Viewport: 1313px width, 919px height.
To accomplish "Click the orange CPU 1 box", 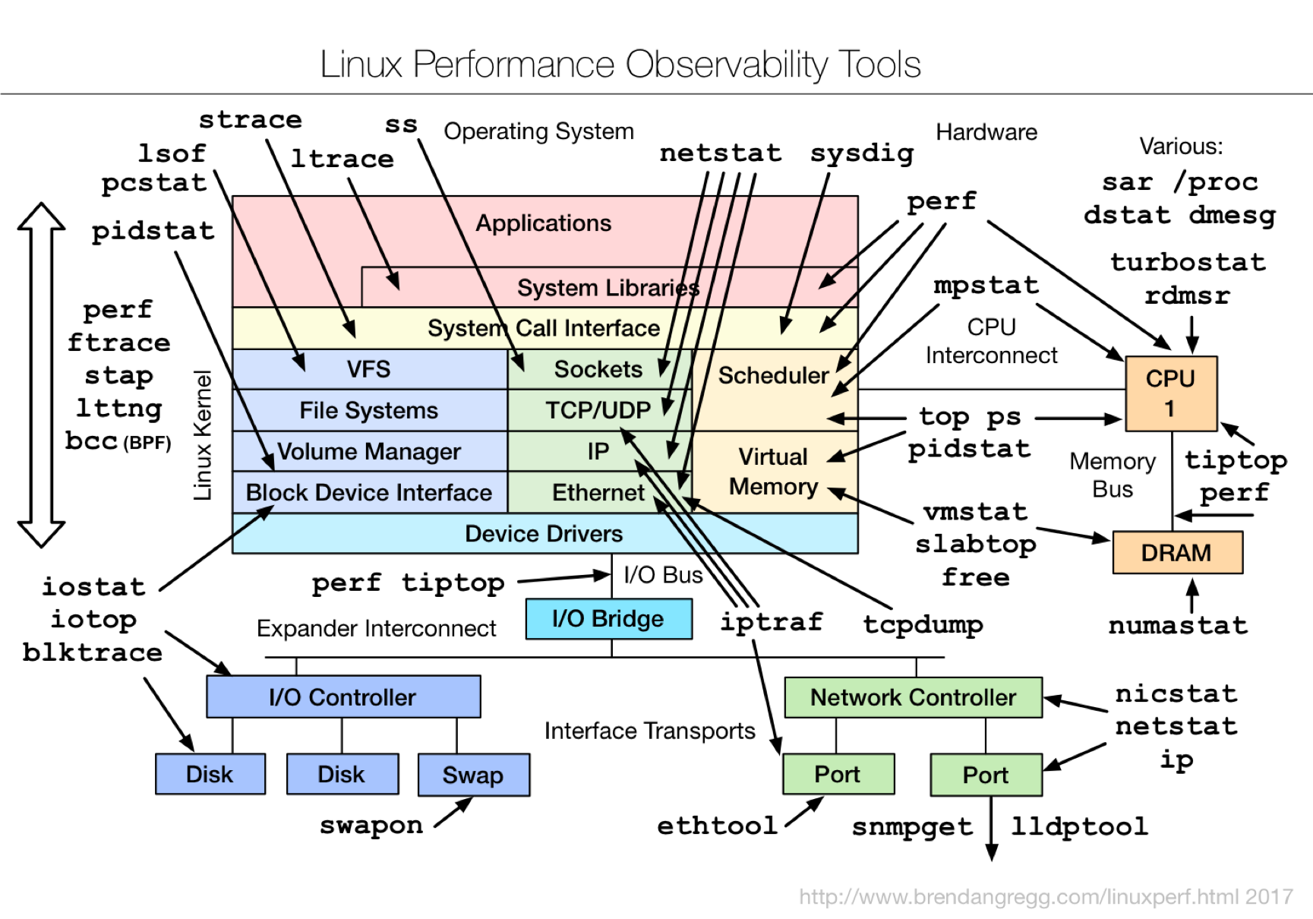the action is point(1171,393).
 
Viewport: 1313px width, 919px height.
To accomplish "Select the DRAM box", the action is point(1177,552).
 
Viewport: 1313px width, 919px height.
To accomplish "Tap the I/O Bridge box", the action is point(608,618).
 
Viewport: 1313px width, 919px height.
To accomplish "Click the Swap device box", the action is point(474,775).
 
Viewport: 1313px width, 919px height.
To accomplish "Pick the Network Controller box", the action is point(913,697).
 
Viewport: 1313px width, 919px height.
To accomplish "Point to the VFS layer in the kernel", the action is point(370,369).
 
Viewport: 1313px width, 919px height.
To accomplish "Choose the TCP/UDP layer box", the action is point(599,410).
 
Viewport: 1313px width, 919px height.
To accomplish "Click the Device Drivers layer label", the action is point(544,534).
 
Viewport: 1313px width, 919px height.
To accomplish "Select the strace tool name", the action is point(251,120).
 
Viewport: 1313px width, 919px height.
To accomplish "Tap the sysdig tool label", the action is point(862,153).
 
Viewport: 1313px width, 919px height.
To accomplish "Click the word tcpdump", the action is point(923,624).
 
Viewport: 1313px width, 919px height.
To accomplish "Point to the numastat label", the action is point(1178,625).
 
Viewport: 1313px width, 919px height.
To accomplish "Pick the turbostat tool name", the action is point(1188,262).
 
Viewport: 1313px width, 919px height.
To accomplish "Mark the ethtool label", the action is point(717,826).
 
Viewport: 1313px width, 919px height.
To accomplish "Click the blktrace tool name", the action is point(92,652).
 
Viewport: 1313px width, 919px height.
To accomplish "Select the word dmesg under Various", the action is point(1233,215).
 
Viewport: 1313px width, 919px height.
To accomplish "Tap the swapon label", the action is point(371,826).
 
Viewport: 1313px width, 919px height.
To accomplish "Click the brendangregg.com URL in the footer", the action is point(1046,897).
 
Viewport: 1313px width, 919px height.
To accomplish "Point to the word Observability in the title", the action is point(727,65).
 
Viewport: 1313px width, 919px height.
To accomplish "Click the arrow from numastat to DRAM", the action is point(1192,595).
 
